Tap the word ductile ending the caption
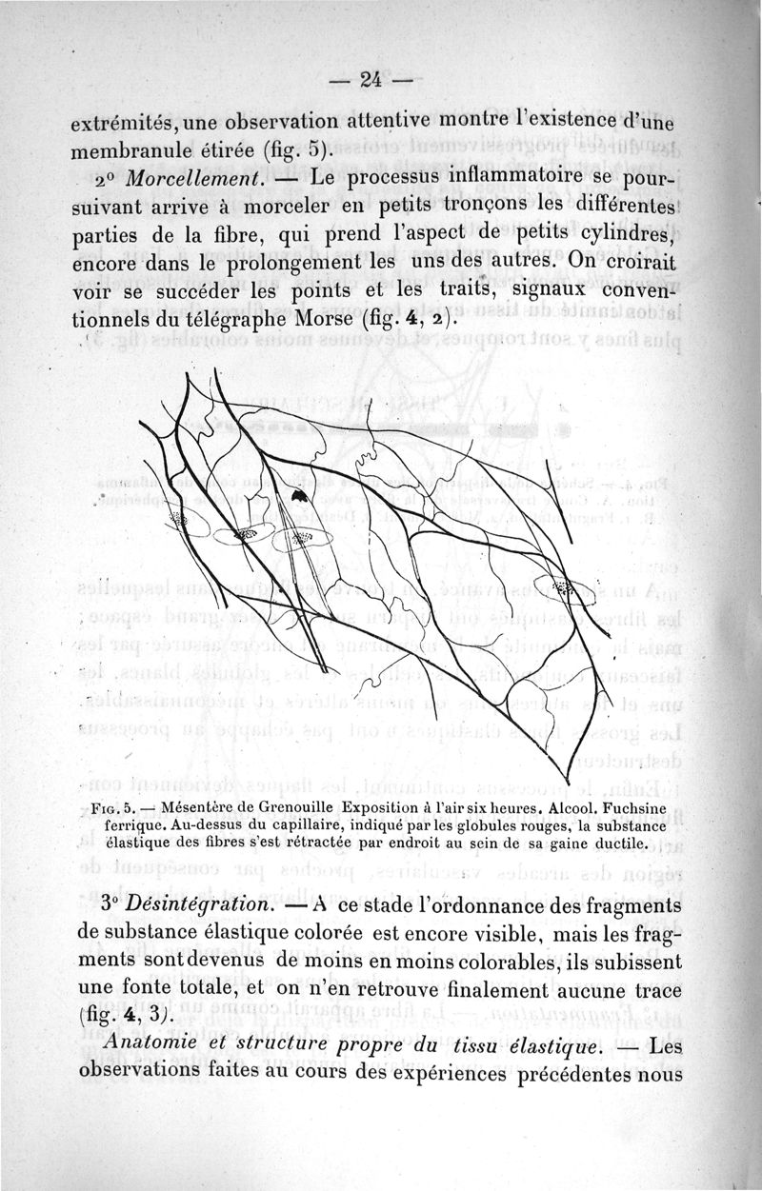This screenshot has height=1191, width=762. (x=614, y=843)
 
